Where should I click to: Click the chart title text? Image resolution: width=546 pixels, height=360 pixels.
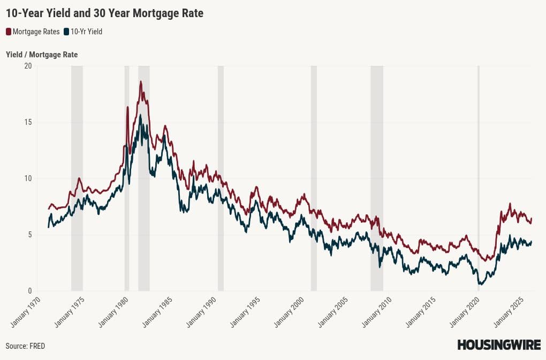(x=104, y=13)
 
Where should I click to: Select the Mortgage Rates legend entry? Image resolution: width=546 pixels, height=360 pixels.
(x=33, y=32)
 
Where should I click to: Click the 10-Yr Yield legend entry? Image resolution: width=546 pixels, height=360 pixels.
(x=82, y=32)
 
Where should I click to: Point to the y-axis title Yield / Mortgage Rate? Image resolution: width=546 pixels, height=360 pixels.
(x=42, y=55)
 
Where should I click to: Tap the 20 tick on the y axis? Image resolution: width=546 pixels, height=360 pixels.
(x=28, y=66)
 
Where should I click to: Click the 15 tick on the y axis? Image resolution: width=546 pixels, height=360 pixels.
(x=28, y=122)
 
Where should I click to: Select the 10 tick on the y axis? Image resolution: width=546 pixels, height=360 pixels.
(x=28, y=178)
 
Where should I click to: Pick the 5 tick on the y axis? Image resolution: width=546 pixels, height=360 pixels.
(x=29, y=235)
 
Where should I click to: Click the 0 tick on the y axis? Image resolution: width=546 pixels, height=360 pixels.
(x=29, y=291)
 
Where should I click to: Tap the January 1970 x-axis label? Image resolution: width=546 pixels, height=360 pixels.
(x=25, y=313)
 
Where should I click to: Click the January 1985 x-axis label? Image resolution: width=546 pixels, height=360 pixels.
(x=156, y=313)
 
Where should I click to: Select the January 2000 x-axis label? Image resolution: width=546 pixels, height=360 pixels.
(x=289, y=313)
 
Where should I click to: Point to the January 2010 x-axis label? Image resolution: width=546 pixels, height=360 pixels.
(x=376, y=313)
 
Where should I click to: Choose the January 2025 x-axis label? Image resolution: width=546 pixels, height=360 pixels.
(x=508, y=313)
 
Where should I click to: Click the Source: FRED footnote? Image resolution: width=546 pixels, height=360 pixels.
(x=25, y=346)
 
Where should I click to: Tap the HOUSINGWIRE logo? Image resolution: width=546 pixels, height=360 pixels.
(x=498, y=345)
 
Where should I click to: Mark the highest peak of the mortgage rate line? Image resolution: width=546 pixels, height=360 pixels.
(x=141, y=82)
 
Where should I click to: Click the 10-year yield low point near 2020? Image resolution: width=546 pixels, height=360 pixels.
(x=480, y=284)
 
